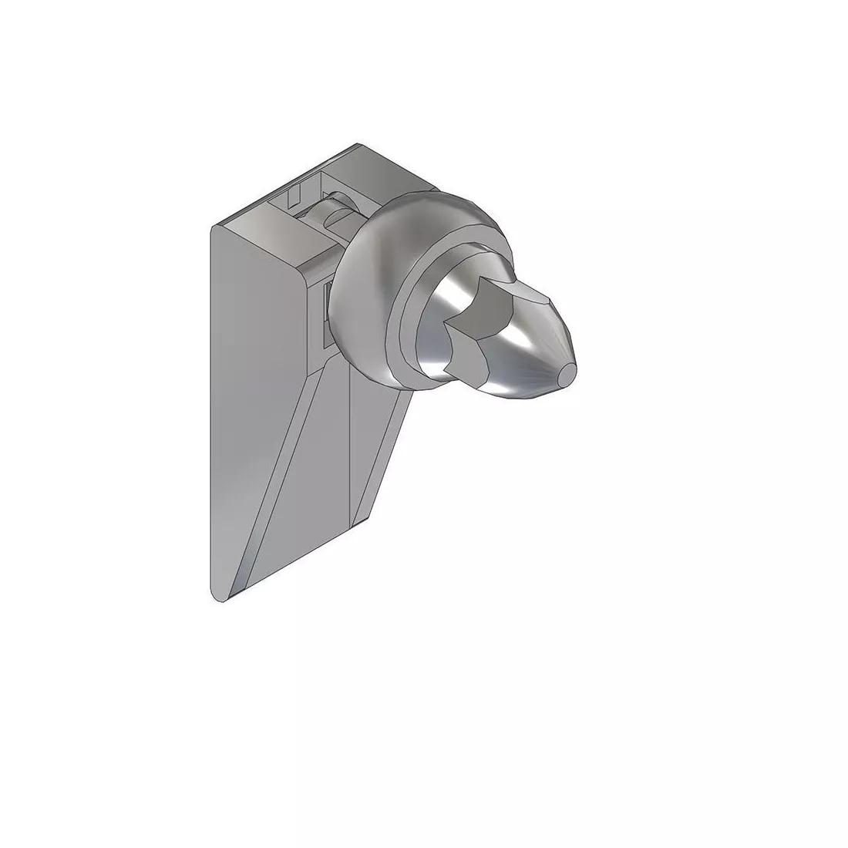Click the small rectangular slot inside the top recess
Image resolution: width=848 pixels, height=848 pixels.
coord(292,197)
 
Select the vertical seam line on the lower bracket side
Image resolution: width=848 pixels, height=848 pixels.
coord(351,447)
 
